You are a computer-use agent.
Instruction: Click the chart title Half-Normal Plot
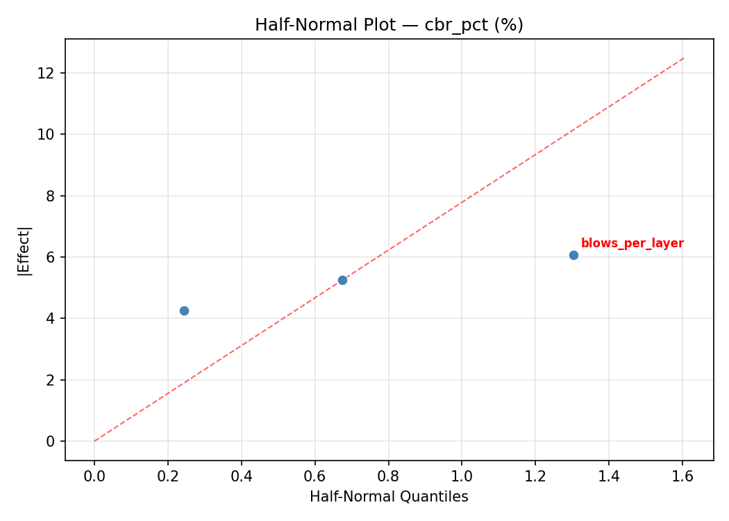[389, 25]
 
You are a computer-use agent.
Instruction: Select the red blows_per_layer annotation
[632, 244]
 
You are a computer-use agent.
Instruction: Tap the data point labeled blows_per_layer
[573, 255]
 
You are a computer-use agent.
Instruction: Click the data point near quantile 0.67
[342, 280]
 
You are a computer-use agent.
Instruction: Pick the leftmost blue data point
[184, 311]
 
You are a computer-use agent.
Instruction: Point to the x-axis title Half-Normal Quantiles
[389, 497]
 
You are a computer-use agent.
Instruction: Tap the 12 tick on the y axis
[47, 73]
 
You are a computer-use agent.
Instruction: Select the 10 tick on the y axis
[47, 134]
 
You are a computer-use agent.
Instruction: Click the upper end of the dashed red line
[684, 58]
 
